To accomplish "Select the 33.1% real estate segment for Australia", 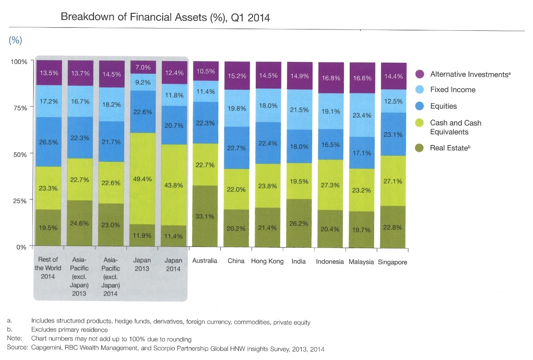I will [205, 216].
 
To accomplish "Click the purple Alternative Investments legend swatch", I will [419, 74].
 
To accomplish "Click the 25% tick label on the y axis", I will [19, 200].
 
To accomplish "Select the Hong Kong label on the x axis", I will [267, 261].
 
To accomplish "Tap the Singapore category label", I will [392, 262].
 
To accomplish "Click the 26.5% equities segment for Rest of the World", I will [48, 142].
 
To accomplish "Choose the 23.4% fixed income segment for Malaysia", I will [362, 115].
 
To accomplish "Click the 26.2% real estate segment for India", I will [299, 223].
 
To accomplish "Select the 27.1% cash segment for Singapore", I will [393, 181].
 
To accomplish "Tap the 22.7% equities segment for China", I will [236, 148].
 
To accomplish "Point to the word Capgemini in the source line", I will [48, 349].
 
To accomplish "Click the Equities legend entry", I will [443, 106].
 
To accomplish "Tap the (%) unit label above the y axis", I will [15, 40].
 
